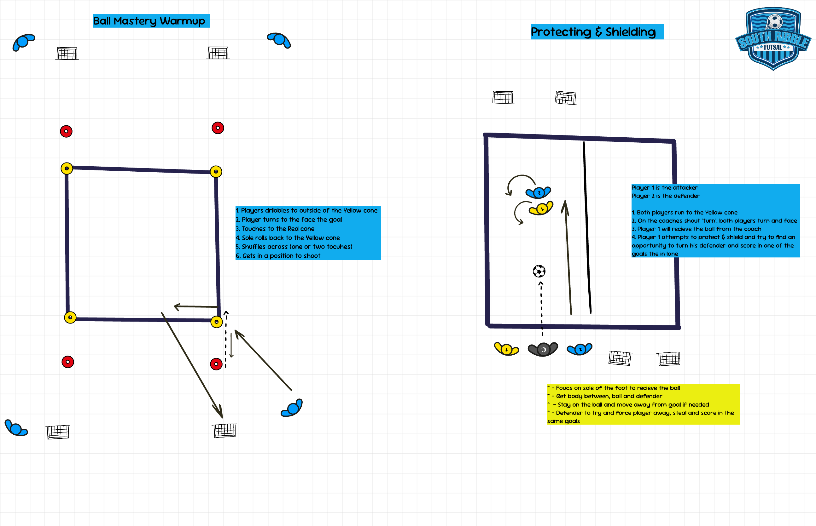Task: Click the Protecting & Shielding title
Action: click(x=593, y=32)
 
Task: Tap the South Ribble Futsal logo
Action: click(x=773, y=39)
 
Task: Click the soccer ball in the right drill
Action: click(x=539, y=271)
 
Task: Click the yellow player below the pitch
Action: click(x=506, y=349)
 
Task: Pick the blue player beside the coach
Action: click(x=580, y=349)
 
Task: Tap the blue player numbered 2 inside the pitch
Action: click(x=539, y=193)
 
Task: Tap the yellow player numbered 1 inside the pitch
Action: click(x=541, y=208)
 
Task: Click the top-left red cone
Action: click(x=66, y=131)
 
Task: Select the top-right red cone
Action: click(x=218, y=128)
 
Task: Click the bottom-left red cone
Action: click(x=68, y=362)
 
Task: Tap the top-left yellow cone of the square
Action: click(x=67, y=169)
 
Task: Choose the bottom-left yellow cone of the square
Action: click(x=70, y=317)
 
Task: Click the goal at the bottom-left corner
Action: click(x=58, y=432)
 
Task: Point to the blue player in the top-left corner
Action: click(x=23, y=42)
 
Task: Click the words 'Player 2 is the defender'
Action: click(x=665, y=196)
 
